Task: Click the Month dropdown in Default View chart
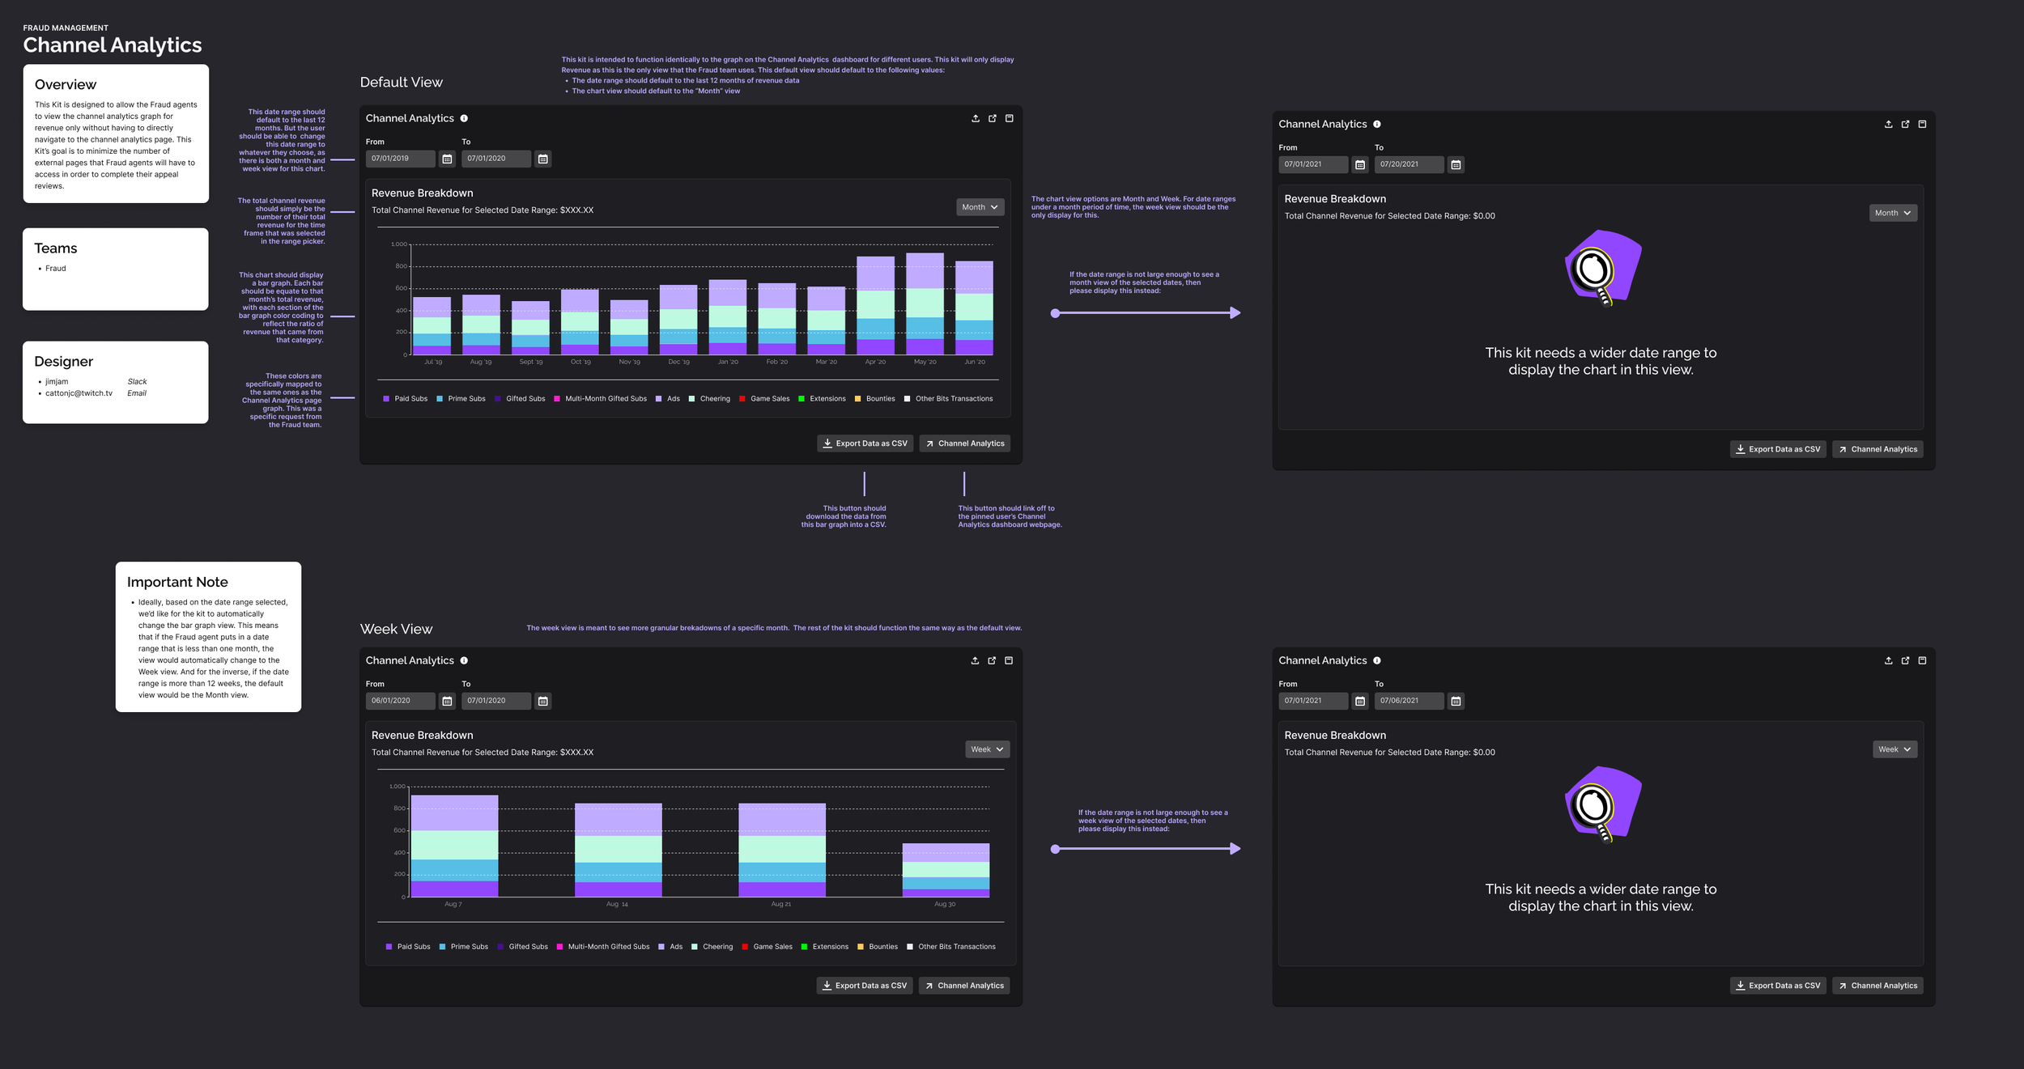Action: (x=980, y=207)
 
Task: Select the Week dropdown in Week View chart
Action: (x=987, y=749)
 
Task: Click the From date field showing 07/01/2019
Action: (x=400, y=159)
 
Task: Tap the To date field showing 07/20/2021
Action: (x=1408, y=164)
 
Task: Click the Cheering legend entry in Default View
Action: (x=714, y=399)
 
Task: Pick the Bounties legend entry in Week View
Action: (x=882, y=947)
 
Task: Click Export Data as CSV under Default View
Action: (x=865, y=443)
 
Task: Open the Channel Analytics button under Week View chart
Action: (x=963, y=986)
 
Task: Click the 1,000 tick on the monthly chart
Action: (x=399, y=244)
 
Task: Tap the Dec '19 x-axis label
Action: (x=678, y=362)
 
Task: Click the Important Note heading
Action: (x=177, y=582)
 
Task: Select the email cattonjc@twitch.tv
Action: (x=79, y=393)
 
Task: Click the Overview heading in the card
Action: (x=66, y=85)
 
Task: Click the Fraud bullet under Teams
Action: (x=55, y=269)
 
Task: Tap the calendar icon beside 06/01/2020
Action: (x=447, y=702)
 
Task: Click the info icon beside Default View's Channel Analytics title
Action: (x=464, y=118)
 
